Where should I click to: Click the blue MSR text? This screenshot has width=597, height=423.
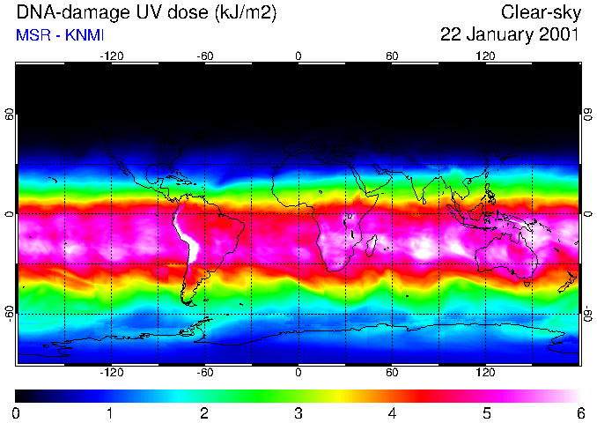[x=32, y=35]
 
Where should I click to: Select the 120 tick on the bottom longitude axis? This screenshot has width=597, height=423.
[x=485, y=372]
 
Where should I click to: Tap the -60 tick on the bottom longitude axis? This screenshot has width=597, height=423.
[x=204, y=372]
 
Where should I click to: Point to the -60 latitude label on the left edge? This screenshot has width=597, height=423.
[x=9, y=313]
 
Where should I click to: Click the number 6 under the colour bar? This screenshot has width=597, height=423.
[x=579, y=412]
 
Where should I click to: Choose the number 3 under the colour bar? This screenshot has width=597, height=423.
[x=298, y=412]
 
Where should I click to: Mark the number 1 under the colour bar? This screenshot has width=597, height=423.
[x=109, y=412]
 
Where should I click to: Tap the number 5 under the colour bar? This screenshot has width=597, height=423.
[x=485, y=412]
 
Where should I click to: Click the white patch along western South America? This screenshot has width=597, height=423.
[x=184, y=234]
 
